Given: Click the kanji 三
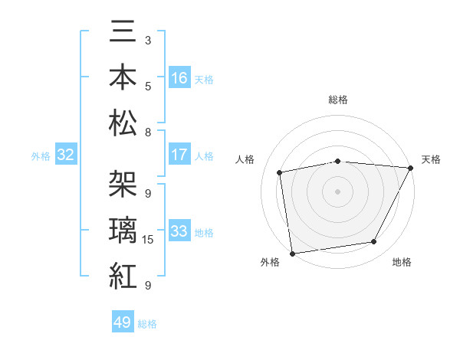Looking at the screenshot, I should click(x=123, y=35).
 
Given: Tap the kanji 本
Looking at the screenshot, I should click(x=123, y=79).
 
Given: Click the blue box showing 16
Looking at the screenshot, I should click(x=179, y=78).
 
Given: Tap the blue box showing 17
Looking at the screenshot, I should click(x=179, y=155).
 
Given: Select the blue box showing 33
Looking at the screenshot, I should click(x=179, y=231).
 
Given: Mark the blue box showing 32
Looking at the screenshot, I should click(x=66, y=155).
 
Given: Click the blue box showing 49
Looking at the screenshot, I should click(x=123, y=322).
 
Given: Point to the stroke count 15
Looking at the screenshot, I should click(x=149, y=240).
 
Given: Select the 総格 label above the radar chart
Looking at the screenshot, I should click(x=338, y=100).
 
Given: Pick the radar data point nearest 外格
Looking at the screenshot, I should click(x=292, y=252).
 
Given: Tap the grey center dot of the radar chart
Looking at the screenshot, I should click(x=337, y=191).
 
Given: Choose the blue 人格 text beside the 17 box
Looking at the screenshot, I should click(x=204, y=155).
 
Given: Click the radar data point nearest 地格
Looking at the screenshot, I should click(x=374, y=242).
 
